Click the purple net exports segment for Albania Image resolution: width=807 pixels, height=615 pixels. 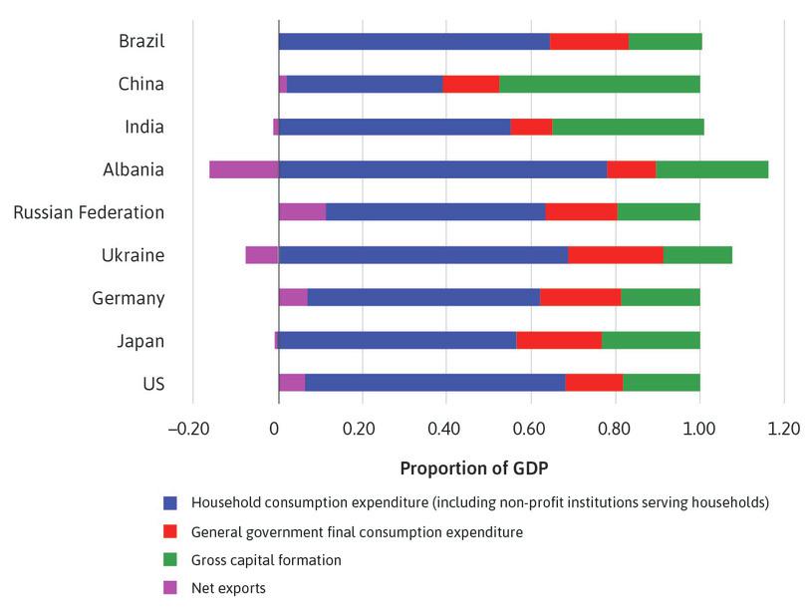click(x=243, y=169)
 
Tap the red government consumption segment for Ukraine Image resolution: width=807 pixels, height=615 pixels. click(x=615, y=255)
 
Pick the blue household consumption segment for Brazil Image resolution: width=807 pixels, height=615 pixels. click(x=413, y=41)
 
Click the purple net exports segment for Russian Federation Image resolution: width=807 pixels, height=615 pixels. click(x=302, y=212)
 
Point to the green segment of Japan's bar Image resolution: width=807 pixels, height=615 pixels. click(x=651, y=341)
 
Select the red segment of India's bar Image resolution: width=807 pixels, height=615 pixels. click(x=531, y=127)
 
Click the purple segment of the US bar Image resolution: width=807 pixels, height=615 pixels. click(x=292, y=384)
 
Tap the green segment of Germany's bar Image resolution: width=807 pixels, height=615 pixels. click(x=660, y=298)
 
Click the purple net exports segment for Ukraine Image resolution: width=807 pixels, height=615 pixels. click(x=261, y=255)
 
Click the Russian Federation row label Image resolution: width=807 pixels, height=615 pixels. click(x=89, y=212)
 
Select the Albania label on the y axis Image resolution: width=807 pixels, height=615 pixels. click(x=133, y=169)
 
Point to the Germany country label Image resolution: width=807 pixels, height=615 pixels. click(x=128, y=298)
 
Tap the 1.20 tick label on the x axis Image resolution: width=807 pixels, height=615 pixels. click(x=784, y=430)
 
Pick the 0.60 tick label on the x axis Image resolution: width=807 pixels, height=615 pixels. click(x=530, y=430)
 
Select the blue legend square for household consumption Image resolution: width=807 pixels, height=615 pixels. click(x=171, y=502)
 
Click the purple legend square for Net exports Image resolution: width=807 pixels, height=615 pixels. click(x=171, y=588)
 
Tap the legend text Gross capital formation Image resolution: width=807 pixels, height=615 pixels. click(x=266, y=560)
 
